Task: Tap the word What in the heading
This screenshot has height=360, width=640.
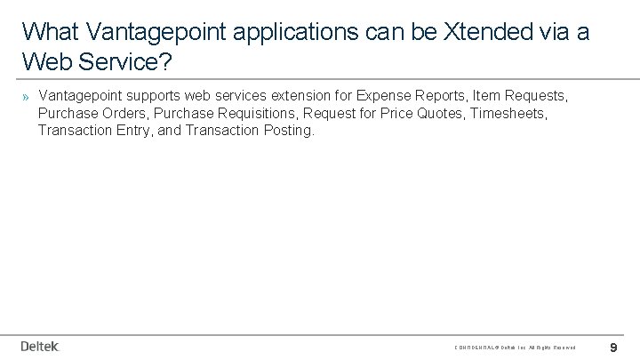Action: [48, 31]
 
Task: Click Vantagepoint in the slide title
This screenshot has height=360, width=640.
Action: [146, 31]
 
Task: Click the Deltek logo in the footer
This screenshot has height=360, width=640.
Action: [39, 345]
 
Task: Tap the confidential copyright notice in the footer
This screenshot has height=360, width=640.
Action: [515, 347]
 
